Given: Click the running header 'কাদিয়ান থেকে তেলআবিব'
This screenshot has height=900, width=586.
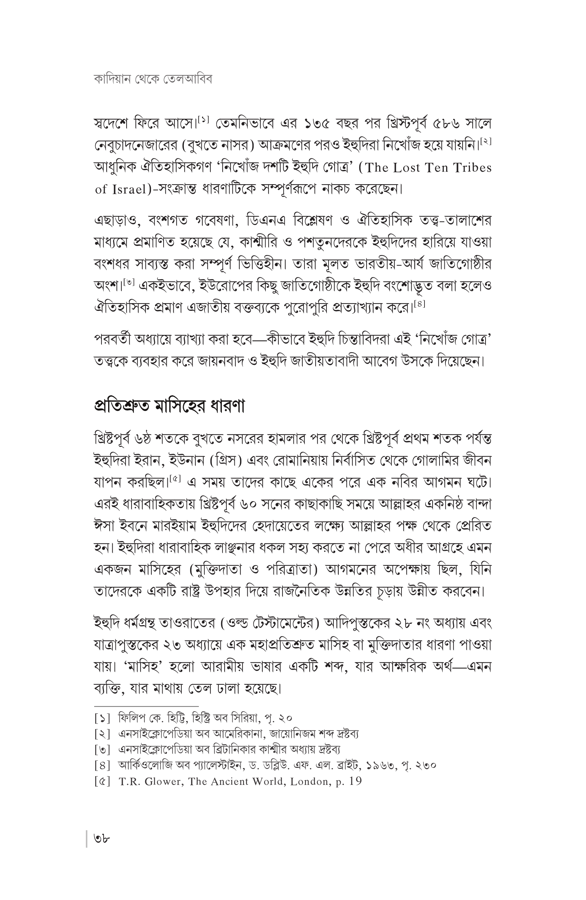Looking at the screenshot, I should pyautogui.click(x=153, y=80).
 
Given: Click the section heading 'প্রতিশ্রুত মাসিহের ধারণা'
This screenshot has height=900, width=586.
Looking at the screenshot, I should pyautogui.click(x=169, y=406).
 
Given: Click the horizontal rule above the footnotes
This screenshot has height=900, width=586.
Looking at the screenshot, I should pyautogui.click(x=146, y=706).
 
